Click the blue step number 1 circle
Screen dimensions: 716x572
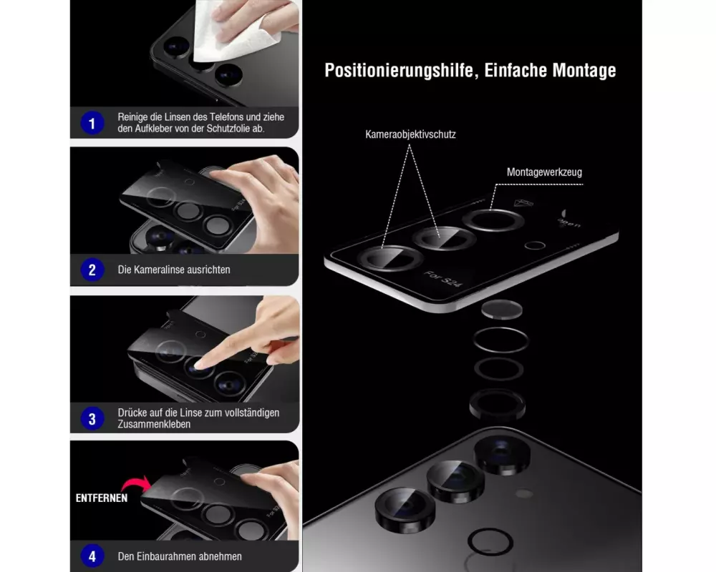tap(92, 123)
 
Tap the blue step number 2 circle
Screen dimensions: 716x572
tap(92, 270)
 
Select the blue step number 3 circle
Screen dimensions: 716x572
tap(92, 419)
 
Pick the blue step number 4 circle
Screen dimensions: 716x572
tap(92, 556)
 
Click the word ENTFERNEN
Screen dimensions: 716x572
tap(102, 498)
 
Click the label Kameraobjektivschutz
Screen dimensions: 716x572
tap(410, 134)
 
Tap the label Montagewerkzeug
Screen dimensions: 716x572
tap(544, 172)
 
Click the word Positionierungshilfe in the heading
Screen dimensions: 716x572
tap(398, 71)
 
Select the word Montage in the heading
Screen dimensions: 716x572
tap(584, 71)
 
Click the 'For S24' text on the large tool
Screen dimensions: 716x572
tap(442, 279)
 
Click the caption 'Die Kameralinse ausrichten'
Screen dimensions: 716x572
tap(174, 270)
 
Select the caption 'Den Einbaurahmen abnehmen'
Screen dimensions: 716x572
tap(180, 556)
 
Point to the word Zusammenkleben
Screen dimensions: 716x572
tap(154, 424)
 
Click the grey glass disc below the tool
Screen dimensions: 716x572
tap(501, 310)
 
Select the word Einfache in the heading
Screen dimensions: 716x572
tap(515, 71)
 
